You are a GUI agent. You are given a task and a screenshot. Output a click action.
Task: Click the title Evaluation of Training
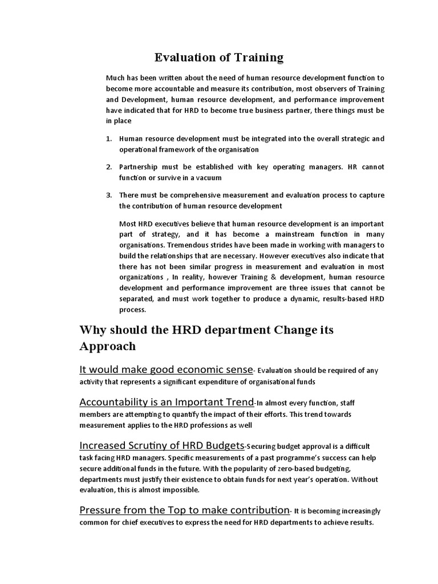[219, 57]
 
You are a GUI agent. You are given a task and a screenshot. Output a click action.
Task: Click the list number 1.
[109, 139]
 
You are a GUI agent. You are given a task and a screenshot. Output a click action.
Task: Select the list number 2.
[109, 167]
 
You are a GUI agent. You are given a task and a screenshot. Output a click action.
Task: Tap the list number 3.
[109, 195]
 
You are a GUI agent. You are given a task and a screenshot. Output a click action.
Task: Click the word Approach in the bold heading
[107, 346]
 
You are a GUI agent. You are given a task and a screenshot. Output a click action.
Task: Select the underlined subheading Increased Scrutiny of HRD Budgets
[161, 445]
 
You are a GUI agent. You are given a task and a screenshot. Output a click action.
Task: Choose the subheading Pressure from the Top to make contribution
[184, 509]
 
